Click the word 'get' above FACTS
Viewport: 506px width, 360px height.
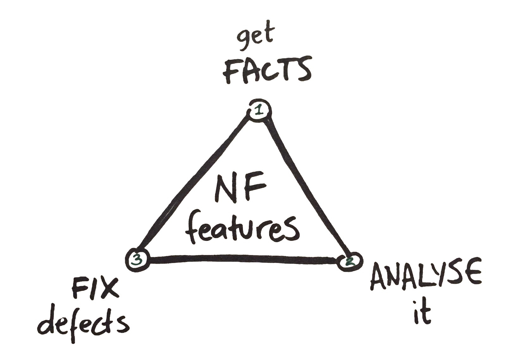(255, 38)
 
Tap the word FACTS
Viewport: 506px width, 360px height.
(267, 71)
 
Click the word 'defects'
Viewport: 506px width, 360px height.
(83, 322)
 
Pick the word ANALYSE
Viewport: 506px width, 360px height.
(426, 275)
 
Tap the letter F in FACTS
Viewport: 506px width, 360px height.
(231, 72)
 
